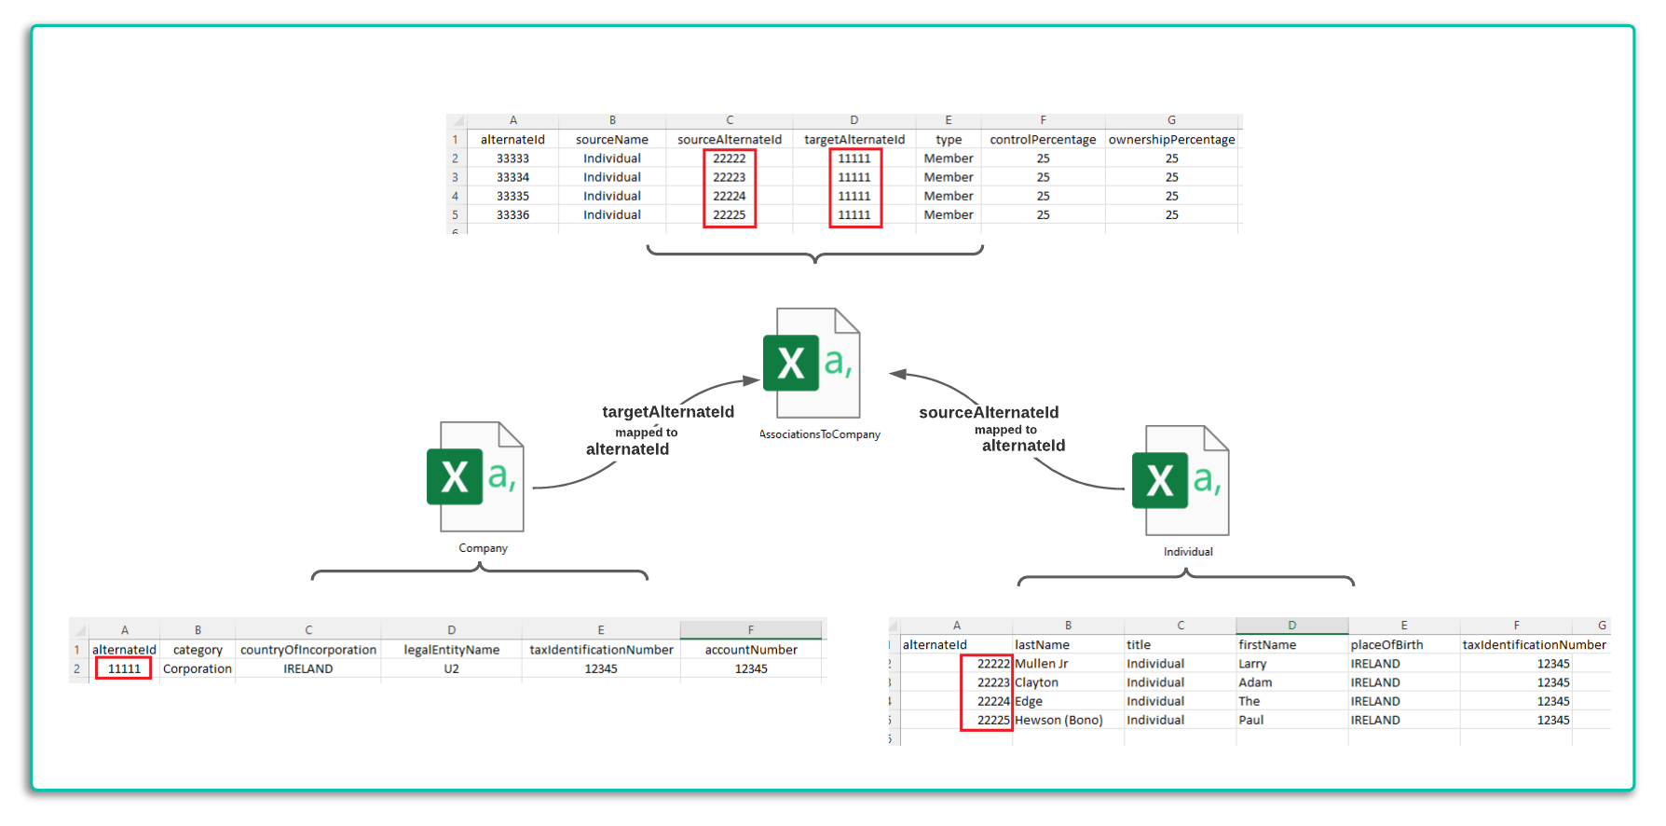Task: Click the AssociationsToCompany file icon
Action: coord(812,363)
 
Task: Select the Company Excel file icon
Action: coord(475,476)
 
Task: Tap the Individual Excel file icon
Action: coord(1181,480)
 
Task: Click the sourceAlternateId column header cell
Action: coord(730,140)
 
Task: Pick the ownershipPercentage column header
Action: coord(1171,140)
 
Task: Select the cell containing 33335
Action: coord(512,196)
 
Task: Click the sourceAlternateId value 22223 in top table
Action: coord(730,177)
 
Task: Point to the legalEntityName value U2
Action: coord(451,668)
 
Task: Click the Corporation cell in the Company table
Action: coord(198,668)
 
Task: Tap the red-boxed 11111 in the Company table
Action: coord(124,668)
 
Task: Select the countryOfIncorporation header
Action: coord(308,650)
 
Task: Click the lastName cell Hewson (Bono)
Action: coord(1058,720)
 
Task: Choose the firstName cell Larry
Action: coord(1252,664)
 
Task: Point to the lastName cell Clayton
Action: coord(1036,682)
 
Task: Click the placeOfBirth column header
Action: coord(1386,645)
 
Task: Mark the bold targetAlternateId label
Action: coord(668,412)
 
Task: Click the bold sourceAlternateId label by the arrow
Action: coord(989,412)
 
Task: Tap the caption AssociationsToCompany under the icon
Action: coord(820,434)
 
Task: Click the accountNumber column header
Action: coord(751,650)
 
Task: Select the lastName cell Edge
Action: coord(1029,701)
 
